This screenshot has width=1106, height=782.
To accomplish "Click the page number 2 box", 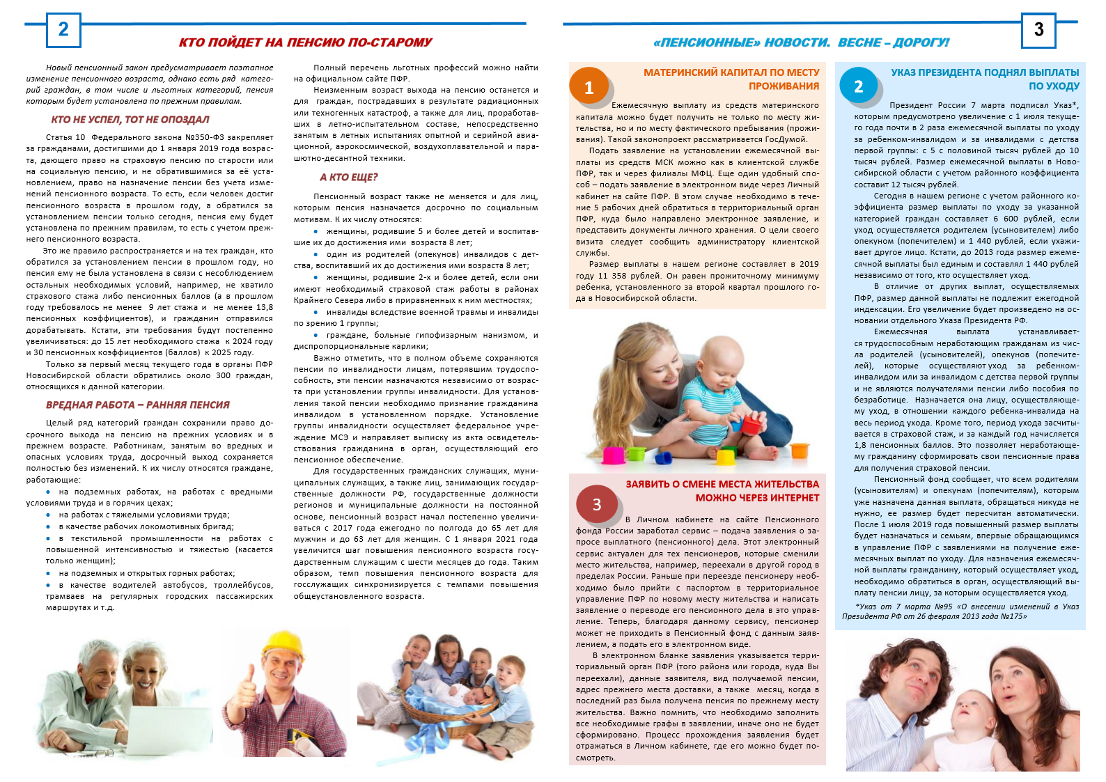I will coord(63,30).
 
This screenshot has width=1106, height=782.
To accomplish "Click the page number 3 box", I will coord(1038,30).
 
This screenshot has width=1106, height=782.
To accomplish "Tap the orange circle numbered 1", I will coord(589,87).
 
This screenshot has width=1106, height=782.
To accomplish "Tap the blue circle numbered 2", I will coord(858,86).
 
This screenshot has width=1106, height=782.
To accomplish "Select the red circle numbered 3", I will coord(596,504).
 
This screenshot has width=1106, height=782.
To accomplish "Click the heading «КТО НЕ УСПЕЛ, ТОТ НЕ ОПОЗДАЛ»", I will coord(130,120).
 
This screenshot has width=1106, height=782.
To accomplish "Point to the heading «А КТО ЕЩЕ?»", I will coord(348,178).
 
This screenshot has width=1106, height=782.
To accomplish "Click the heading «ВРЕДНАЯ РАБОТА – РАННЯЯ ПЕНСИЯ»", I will coord(138,405).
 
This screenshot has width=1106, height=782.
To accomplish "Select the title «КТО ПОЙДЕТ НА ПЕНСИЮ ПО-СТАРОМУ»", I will coord(305,42).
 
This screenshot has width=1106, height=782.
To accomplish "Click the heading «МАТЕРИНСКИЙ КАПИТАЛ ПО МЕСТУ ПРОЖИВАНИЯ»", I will coord(731,79).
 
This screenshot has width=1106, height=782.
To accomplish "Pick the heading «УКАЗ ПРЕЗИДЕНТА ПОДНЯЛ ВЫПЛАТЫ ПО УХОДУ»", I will coord(985,79).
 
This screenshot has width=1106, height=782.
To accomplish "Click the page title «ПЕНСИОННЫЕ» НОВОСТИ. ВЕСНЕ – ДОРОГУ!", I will coord(801,42).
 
